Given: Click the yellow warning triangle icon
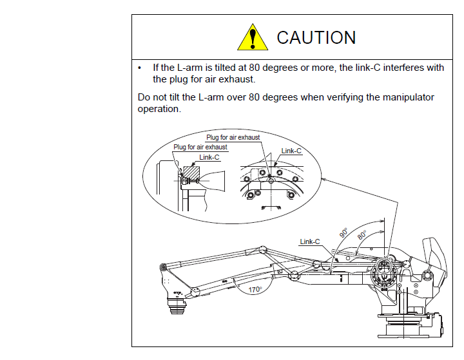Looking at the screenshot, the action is pos(253,37).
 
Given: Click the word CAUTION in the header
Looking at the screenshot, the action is pos(316,38).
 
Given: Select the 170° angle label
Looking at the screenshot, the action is pos(255,289).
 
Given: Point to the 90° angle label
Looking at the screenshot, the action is pos(343,232).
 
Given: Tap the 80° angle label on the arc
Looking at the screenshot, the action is pos(362,235).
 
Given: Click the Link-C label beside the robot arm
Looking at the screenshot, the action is pos(310,242).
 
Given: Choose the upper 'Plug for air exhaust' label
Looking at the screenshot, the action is pos(233,137).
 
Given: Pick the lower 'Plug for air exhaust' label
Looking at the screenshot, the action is pos(200,147).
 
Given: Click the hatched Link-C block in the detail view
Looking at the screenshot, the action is pos(191,173).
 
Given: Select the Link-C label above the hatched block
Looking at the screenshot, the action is pos(209,157).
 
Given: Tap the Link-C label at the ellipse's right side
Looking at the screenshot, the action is pos(291,151).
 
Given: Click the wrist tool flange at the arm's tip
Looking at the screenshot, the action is pos(177,306).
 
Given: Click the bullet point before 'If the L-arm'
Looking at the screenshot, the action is pos(140,68).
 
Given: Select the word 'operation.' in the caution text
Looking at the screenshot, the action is pos(159,109).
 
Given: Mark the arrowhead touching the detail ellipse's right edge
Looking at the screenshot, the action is pos(324,178).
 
